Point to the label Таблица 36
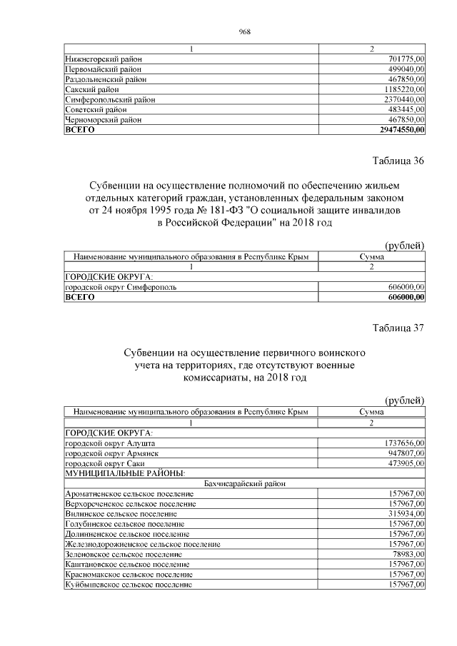click(398, 161)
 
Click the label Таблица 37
click(398, 328)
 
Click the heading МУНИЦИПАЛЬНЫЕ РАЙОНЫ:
click(125, 473)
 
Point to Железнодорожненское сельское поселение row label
click(142, 544)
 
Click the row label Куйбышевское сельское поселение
click(129, 584)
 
